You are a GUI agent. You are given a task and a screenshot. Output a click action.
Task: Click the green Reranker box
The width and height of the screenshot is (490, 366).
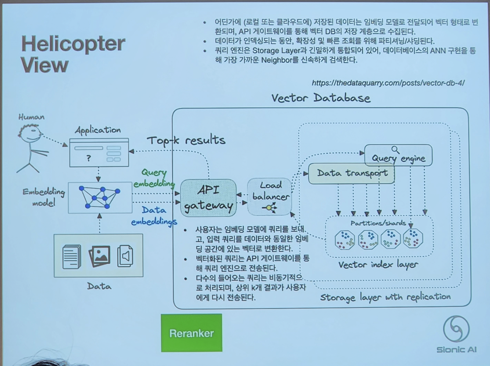pos(191,333)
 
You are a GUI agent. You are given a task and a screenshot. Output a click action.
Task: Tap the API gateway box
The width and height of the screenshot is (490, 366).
pos(208,198)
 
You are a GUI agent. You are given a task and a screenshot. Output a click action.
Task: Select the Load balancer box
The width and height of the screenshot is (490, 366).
pos(270,196)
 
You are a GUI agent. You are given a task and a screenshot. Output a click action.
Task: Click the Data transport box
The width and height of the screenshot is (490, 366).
pos(351,173)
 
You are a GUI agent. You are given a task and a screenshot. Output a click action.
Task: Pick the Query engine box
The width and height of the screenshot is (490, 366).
pos(398,158)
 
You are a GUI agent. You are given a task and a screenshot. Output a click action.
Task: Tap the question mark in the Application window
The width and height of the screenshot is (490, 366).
pos(88,158)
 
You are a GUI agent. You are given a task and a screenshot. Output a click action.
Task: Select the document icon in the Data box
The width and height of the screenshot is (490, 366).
pos(71,256)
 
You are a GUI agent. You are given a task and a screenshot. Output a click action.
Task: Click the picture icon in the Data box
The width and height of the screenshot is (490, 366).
pos(99,255)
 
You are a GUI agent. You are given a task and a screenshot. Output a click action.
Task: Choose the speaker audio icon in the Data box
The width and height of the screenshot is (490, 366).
pos(125,255)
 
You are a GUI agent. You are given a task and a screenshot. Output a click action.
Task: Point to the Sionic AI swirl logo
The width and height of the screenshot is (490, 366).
pos(456,328)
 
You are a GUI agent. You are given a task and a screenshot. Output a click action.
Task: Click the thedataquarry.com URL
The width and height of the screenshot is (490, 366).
pos(388,83)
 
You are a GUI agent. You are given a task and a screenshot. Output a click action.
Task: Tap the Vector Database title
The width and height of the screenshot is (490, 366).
pos(321,98)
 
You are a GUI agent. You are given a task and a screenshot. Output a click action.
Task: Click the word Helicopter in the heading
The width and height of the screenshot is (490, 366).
pos(73,43)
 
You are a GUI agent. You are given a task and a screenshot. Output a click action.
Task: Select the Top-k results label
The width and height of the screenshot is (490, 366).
pos(186,141)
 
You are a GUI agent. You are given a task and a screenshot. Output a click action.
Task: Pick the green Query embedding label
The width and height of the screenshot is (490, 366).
pos(154,178)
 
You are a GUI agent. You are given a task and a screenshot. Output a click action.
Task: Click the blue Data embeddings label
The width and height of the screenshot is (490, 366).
pos(154,216)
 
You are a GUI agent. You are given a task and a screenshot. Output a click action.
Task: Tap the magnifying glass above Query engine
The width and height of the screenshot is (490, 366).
pos(395,150)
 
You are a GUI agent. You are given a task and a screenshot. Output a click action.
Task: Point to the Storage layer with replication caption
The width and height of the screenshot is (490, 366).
pos(385,297)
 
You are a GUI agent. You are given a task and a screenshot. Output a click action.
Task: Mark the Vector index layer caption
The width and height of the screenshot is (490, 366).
pos(378,265)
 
